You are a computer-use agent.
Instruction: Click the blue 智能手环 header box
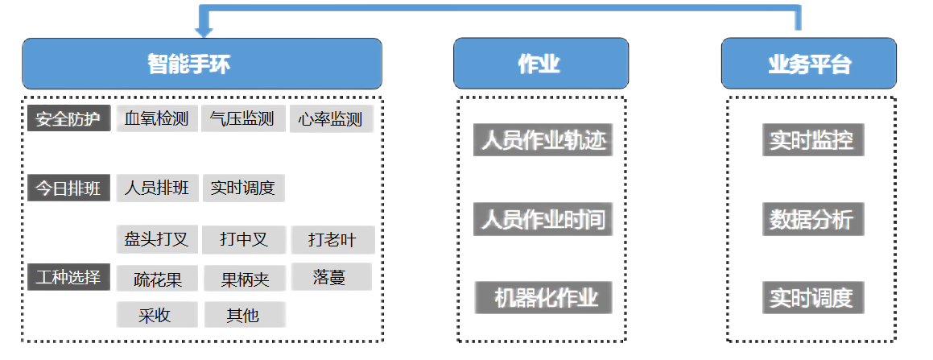coord(201,64)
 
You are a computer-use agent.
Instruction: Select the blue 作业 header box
coord(540,64)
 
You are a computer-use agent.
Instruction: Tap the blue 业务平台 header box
coord(808,64)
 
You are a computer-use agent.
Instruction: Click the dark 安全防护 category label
coord(68,119)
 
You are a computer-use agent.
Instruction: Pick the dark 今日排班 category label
coord(68,188)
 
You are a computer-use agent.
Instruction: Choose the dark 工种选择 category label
coord(68,277)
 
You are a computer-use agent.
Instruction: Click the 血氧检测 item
coord(156,119)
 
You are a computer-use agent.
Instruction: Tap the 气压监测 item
coord(242,119)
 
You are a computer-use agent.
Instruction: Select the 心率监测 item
coord(331,119)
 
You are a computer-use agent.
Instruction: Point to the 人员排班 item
coord(156,188)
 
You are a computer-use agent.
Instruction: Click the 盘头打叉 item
coord(156,239)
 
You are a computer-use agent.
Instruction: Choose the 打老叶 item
coord(332,239)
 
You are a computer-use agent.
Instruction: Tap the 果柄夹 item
coord(245,279)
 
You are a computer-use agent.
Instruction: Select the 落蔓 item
coord(330,277)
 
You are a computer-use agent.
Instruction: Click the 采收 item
coord(156,315)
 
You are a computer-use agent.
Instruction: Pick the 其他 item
coord(242,315)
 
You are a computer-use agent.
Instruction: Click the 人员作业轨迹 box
coord(543,140)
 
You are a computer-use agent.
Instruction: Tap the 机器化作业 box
coord(543,298)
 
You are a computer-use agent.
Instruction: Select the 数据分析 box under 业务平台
coord(812,220)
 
